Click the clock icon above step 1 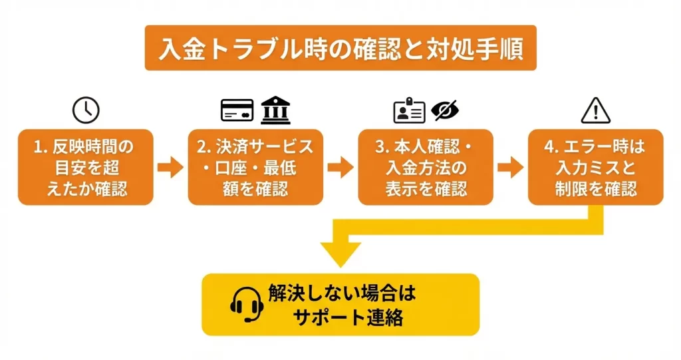[86, 110]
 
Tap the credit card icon [237, 110]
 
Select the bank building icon [275, 110]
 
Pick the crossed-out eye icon [445, 110]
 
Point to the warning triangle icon [595, 110]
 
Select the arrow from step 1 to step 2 [171, 167]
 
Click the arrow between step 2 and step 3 [340, 167]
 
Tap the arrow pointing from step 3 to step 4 [511, 167]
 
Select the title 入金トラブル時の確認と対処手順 [340, 49]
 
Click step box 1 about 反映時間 [86, 167]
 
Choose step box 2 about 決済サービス [256, 167]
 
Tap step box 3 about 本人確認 [426, 167]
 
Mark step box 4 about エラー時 [596, 167]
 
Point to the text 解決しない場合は [346, 293]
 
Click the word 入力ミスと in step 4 [596, 167]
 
